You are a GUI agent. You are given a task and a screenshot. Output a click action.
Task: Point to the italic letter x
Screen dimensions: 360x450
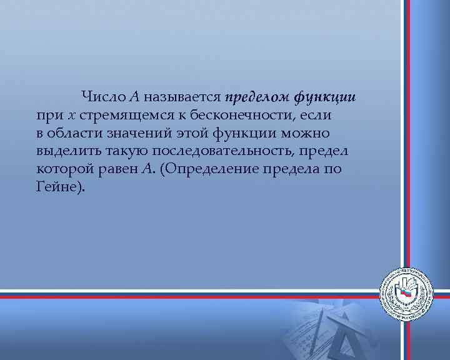click(x=72, y=116)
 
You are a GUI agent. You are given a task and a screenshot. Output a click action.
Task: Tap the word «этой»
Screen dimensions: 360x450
click(x=195, y=134)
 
